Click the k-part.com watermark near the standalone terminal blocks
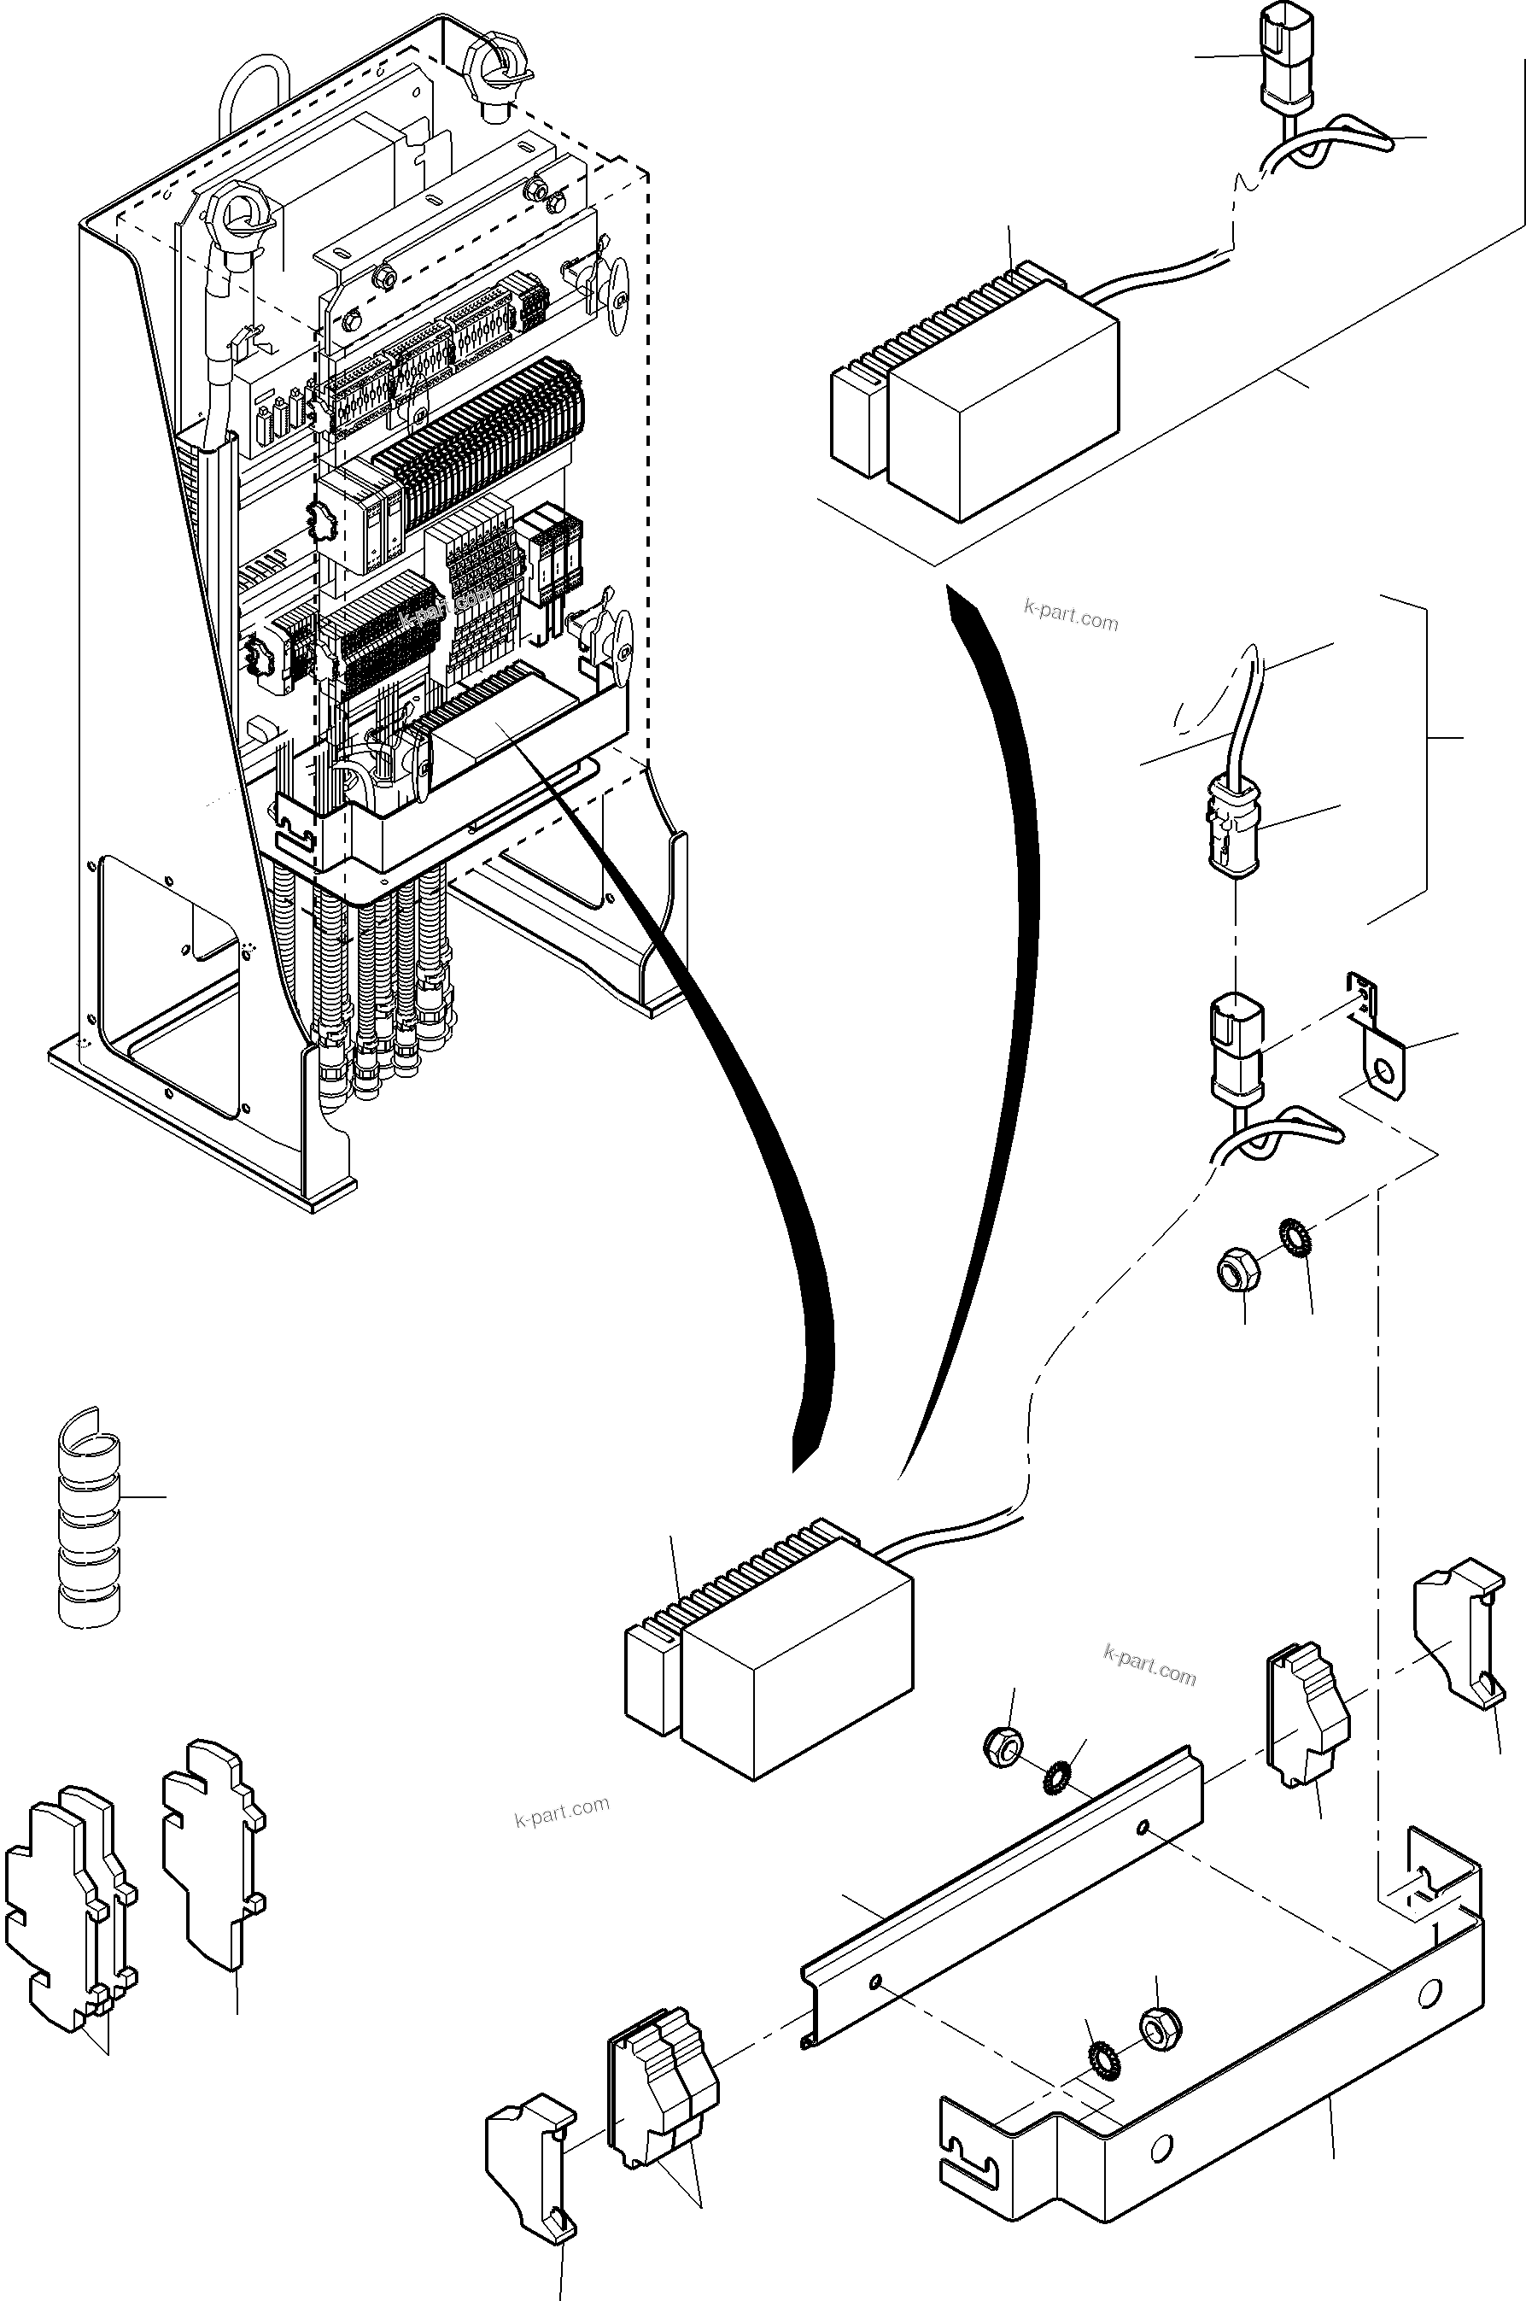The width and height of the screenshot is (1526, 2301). click(x=562, y=1811)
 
